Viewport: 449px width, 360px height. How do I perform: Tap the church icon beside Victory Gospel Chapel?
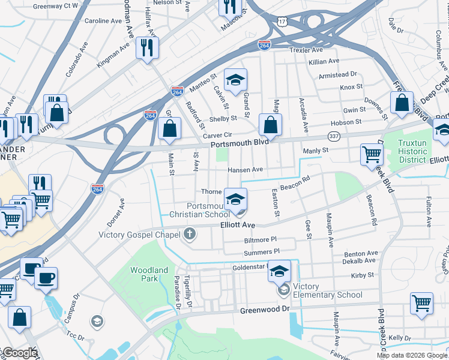(x=190, y=234)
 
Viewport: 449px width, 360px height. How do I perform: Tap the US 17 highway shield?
(x=282, y=21)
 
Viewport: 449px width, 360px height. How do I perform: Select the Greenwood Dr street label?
(x=265, y=310)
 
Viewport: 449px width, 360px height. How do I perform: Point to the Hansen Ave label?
(x=245, y=170)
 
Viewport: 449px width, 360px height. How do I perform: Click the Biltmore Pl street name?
(x=261, y=239)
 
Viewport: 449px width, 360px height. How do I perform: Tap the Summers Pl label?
(x=262, y=251)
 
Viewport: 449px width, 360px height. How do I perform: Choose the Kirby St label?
(x=362, y=275)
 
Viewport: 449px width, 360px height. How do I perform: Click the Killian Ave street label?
(x=324, y=61)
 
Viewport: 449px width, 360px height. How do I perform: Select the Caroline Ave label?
(x=103, y=20)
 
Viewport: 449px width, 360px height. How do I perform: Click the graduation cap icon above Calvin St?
(x=236, y=79)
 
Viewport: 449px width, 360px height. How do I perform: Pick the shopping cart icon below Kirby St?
(x=421, y=304)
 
